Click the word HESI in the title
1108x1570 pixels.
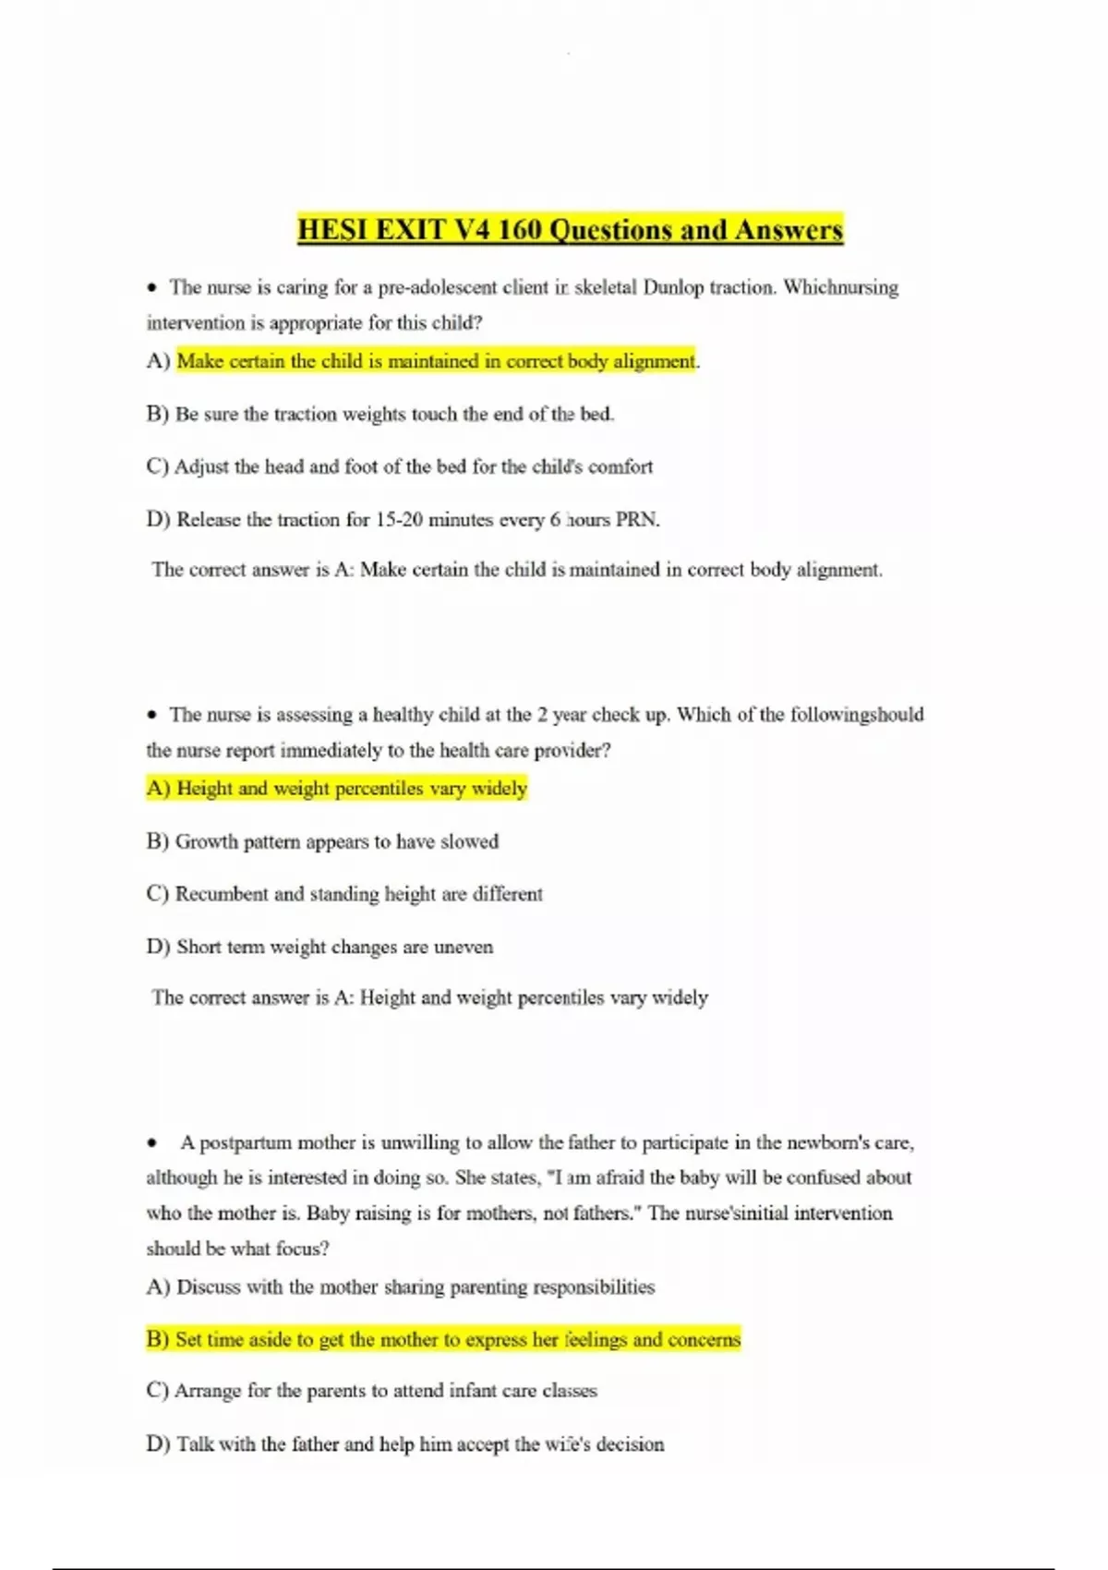(333, 230)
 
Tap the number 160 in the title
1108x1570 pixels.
(519, 230)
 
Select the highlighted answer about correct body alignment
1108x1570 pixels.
(436, 361)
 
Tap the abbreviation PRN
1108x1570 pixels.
(637, 520)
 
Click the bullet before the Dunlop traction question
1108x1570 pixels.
(152, 288)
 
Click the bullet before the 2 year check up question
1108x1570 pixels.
(152, 715)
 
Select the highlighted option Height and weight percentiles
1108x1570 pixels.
(337, 789)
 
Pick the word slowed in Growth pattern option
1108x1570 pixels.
(469, 841)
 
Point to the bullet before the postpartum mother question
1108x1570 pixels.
(152, 1143)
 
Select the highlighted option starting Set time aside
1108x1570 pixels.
(443, 1340)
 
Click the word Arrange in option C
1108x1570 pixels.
(208, 1391)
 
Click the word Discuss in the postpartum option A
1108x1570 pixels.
(209, 1287)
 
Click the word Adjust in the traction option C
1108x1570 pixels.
(201, 467)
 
